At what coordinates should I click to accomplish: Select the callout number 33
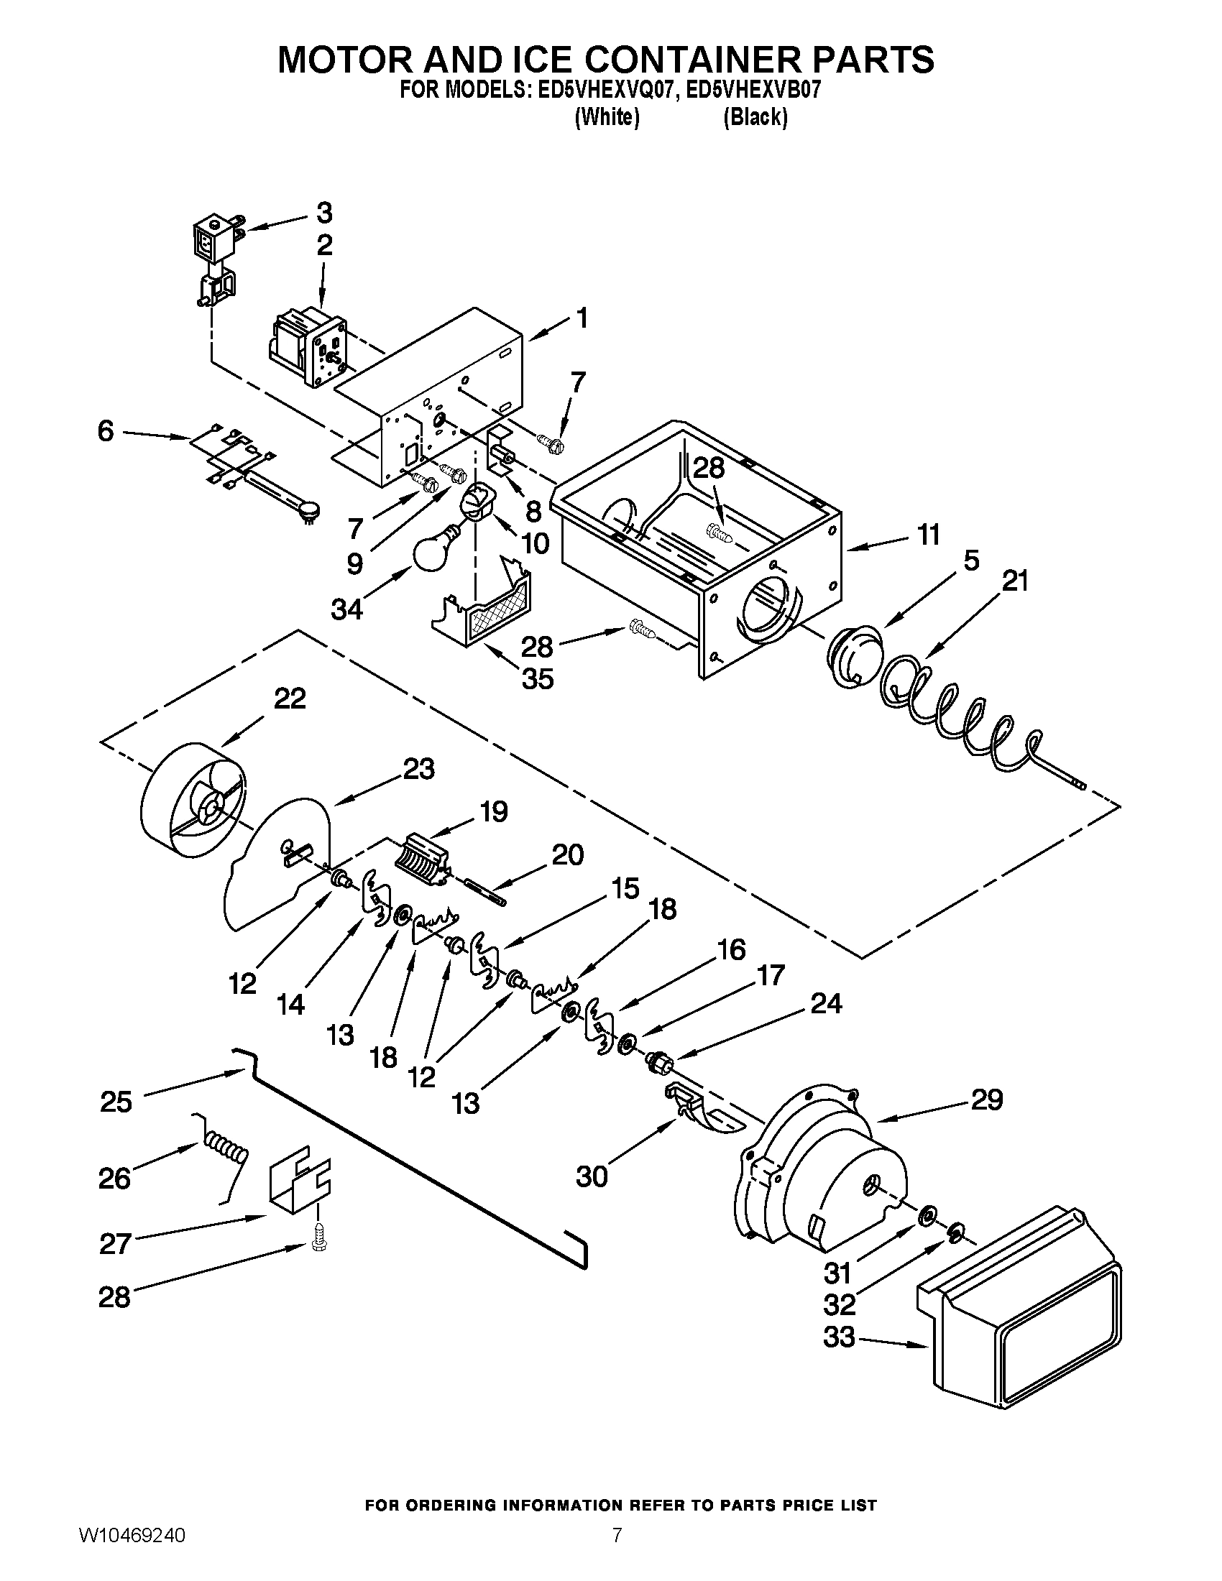tap(840, 1338)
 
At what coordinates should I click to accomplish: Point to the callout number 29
tap(986, 1100)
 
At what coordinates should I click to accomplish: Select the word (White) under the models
tap(607, 118)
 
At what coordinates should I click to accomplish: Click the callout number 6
tap(106, 432)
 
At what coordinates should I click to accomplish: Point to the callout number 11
tap(928, 534)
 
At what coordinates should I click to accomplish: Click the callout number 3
tap(324, 213)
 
